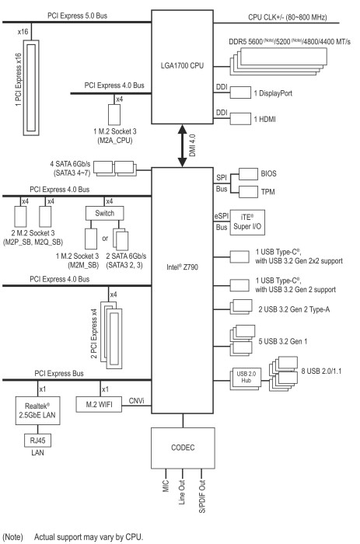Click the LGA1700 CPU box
coord(182,67)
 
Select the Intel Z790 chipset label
coord(182,267)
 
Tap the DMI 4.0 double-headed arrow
coord(182,146)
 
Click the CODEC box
coord(183,448)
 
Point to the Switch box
coord(104,214)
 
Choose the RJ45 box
coord(37,441)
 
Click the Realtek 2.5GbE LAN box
coord(37,410)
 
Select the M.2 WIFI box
coord(99,404)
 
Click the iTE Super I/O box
coord(247,222)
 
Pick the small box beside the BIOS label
coord(248,174)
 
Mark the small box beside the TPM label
coord(248,191)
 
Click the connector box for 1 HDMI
coord(240,119)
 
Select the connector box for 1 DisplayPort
coord(240,92)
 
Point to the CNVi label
coord(136,401)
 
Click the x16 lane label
coord(23,32)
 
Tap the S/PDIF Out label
coord(202,496)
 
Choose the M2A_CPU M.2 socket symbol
coord(114,114)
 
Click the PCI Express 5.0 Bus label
coord(78,16)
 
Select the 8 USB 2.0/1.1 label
coord(321,371)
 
